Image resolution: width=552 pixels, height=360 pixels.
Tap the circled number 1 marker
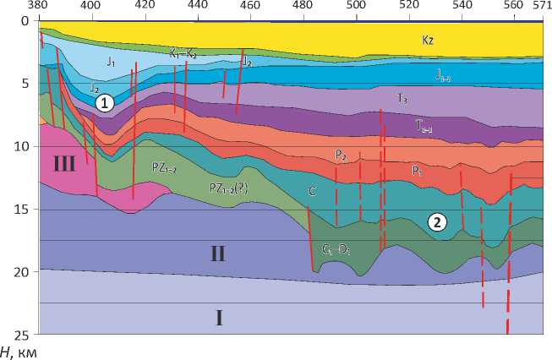[102, 103]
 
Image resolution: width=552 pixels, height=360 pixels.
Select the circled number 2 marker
[436, 223]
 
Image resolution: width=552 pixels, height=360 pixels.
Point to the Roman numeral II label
[217, 252]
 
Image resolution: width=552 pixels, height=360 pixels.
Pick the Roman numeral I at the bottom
[218, 318]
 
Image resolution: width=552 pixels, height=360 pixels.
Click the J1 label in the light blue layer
[110, 63]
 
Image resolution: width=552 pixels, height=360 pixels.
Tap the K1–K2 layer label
[183, 53]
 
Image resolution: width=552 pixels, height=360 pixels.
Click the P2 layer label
[340, 155]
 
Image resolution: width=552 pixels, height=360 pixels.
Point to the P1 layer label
[417, 170]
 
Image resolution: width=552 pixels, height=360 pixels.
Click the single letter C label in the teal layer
[312, 192]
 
